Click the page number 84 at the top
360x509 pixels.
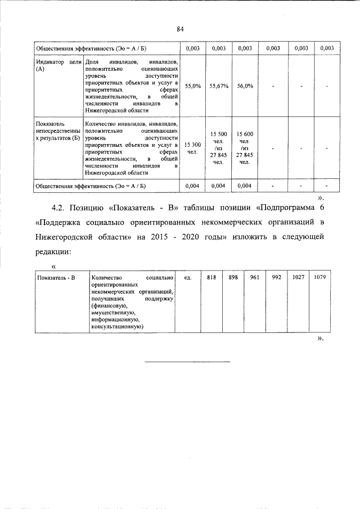pos(181,29)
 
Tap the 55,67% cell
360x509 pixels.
pos(218,86)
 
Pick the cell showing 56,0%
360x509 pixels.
pos(245,86)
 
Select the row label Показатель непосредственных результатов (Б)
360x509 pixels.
pos(58,130)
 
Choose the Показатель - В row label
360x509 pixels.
pos(56,278)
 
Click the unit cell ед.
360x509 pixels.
pos(188,278)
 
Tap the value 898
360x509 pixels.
pos(233,278)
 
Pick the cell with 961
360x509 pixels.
pos(254,278)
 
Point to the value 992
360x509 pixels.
pos(276,278)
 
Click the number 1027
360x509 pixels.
pos(298,278)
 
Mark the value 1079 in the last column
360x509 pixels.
pos(321,278)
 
